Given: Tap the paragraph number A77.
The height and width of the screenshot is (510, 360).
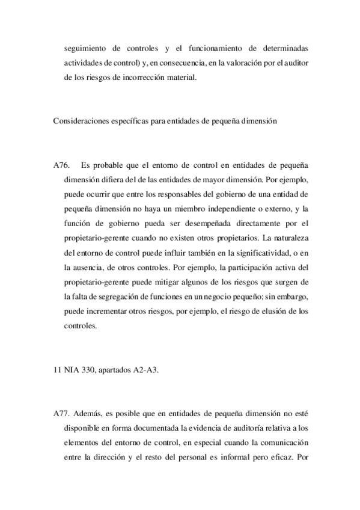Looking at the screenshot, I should [62, 414].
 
